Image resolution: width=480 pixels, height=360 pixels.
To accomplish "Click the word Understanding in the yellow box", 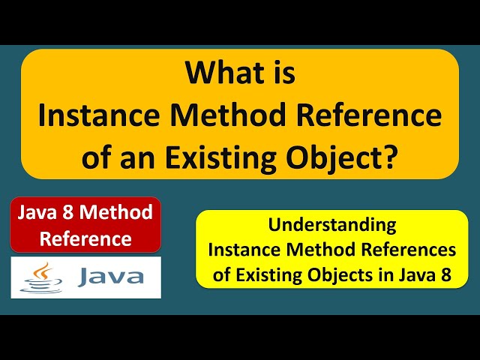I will coord(331,224).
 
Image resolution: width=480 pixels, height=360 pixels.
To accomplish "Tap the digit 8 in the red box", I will coord(73,213).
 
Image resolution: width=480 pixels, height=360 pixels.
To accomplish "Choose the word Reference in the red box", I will coord(85,239).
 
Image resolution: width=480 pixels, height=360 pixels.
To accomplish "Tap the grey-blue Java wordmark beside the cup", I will coord(109,278).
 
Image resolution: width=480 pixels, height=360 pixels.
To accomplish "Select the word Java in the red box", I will coord(40,213).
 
